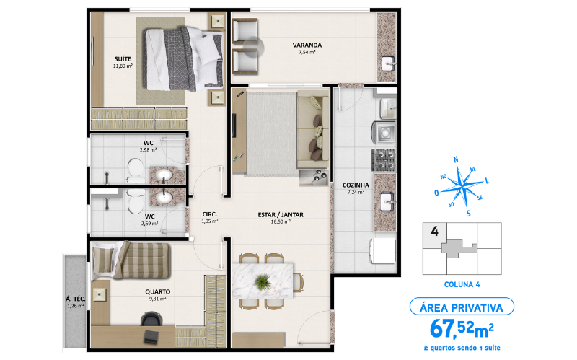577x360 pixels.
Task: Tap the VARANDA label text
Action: [307, 45]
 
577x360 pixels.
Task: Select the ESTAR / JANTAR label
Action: [281, 214]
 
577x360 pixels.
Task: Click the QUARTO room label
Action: [157, 291]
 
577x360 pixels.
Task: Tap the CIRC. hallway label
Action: [210, 214]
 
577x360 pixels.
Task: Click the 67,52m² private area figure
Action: [462, 329]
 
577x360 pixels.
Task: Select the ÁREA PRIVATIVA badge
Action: [461, 307]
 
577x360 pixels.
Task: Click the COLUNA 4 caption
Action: [461, 284]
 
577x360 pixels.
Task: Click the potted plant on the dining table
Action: [265, 280]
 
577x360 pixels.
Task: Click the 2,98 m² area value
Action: [149, 150]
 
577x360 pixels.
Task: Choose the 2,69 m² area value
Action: [150, 223]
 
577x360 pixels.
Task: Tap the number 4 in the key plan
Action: [435, 232]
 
